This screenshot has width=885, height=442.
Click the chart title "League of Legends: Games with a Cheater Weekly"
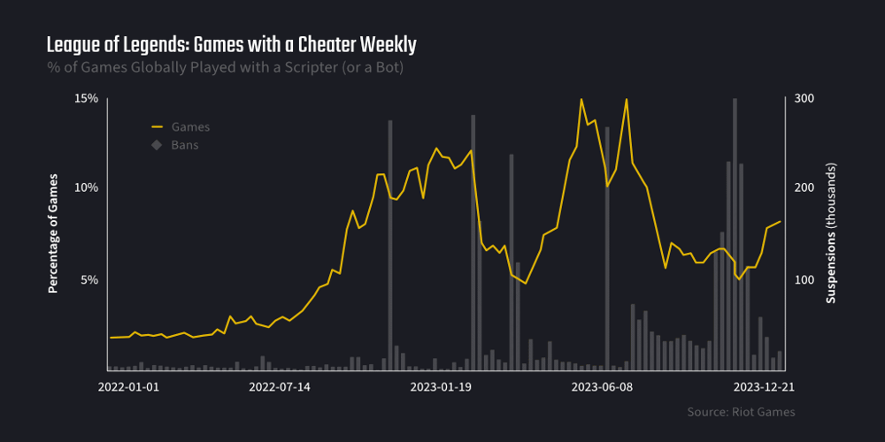[x=231, y=44]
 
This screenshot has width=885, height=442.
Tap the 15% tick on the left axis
[x=86, y=98]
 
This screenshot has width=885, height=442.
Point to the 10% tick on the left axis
[x=86, y=188]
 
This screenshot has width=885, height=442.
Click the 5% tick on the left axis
[x=89, y=279]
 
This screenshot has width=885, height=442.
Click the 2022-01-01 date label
[x=128, y=386]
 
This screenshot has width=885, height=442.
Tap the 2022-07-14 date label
[x=280, y=386]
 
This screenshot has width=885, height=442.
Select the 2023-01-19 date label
[x=441, y=386]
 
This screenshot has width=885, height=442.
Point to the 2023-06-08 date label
[x=602, y=386]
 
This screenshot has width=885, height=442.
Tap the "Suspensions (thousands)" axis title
[x=831, y=234]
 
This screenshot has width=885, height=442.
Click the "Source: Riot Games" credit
[x=741, y=412]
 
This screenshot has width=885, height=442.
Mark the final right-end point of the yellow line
[x=780, y=222]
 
